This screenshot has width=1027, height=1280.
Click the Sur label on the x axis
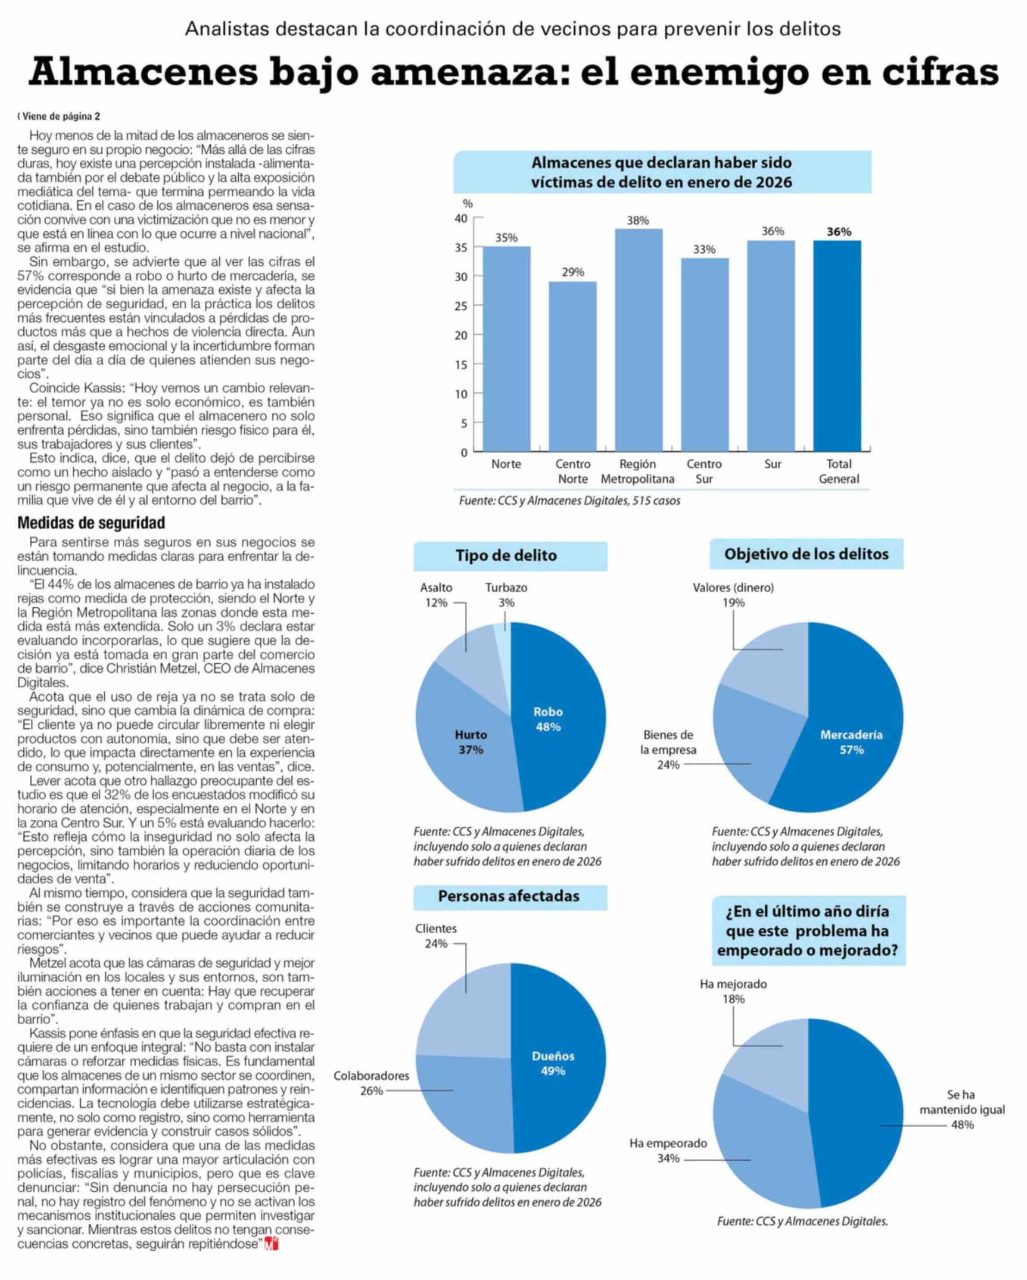point(772,464)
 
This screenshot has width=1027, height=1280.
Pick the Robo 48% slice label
point(548,719)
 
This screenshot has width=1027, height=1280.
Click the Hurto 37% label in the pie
point(471,742)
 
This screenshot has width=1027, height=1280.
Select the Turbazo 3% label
point(506,595)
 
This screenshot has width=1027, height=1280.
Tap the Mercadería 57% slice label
point(851,742)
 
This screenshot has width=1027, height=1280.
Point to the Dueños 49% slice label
point(552,1063)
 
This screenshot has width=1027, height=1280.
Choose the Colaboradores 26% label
point(371,1083)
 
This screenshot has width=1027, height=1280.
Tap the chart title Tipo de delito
point(506,556)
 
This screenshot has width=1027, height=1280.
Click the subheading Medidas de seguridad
point(91,523)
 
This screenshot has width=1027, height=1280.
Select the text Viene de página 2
point(60,117)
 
